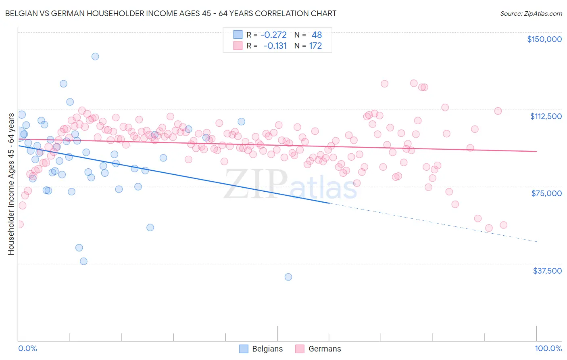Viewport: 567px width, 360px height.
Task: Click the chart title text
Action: click(x=171, y=13)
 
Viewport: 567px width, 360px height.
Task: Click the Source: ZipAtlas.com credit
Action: click(x=531, y=13)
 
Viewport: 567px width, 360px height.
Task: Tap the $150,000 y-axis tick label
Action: click(x=544, y=39)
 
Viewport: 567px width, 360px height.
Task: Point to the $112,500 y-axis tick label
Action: click(x=546, y=116)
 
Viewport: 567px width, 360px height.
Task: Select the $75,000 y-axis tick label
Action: click(x=546, y=193)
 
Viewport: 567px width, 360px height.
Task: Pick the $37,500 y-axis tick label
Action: click(x=547, y=271)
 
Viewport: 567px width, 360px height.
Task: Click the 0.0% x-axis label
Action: click(x=27, y=349)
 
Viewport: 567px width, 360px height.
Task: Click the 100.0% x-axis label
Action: click(x=548, y=349)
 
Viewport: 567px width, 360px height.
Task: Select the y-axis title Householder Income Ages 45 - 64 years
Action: click(x=11, y=184)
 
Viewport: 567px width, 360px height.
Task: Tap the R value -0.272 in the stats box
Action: click(x=273, y=35)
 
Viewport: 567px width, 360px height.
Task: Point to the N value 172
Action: click(x=315, y=46)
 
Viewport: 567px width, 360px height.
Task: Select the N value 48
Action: click(x=317, y=35)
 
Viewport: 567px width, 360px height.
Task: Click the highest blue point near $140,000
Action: click(x=95, y=57)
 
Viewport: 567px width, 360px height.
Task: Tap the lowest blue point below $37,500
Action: click(x=288, y=277)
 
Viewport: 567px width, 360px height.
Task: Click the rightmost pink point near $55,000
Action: click(x=503, y=225)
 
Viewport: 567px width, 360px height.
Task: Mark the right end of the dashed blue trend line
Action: click(x=536, y=241)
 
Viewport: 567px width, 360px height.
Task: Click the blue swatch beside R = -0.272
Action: click(x=238, y=35)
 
